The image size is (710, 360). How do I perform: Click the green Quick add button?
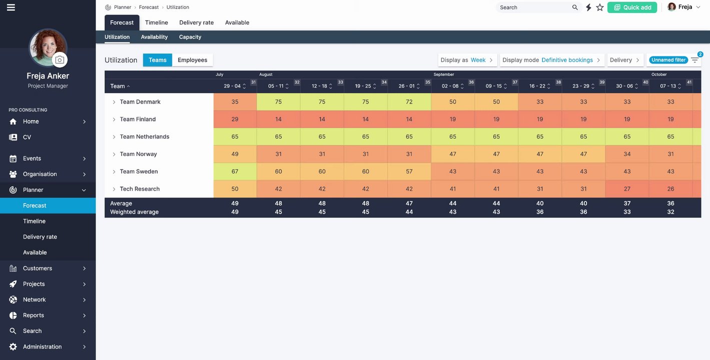click(x=632, y=7)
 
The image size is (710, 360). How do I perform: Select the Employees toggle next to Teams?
click(x=192, y=60)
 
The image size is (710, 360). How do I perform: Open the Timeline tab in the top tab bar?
click(x=156, y=22)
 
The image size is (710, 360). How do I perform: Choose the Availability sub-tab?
click(x=154, y=37)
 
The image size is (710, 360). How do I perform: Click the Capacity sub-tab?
click(x=190, y=37)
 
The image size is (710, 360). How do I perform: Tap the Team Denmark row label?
click(x=140, y=102)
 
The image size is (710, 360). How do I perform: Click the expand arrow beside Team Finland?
click(x=114, y=119)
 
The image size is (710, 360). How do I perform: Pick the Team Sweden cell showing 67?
click(x=235, y=171)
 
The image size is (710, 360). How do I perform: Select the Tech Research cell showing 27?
click(x=627, y=189)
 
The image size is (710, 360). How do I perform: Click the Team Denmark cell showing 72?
click(x=409, y=102)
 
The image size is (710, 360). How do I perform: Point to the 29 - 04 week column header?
click(x=232, y=86)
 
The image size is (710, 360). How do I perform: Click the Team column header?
click(x=118, y=86)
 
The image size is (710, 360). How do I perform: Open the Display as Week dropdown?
click(x=467, y=60)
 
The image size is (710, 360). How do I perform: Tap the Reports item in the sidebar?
click(x=34, y=315)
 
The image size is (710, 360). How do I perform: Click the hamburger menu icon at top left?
click(x=11, y=7)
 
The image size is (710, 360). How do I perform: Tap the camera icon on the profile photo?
click(x=60, y=60)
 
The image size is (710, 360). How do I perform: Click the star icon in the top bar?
click(x=600, y=7)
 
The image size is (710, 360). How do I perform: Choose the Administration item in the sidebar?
click(x=43, y=347)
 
